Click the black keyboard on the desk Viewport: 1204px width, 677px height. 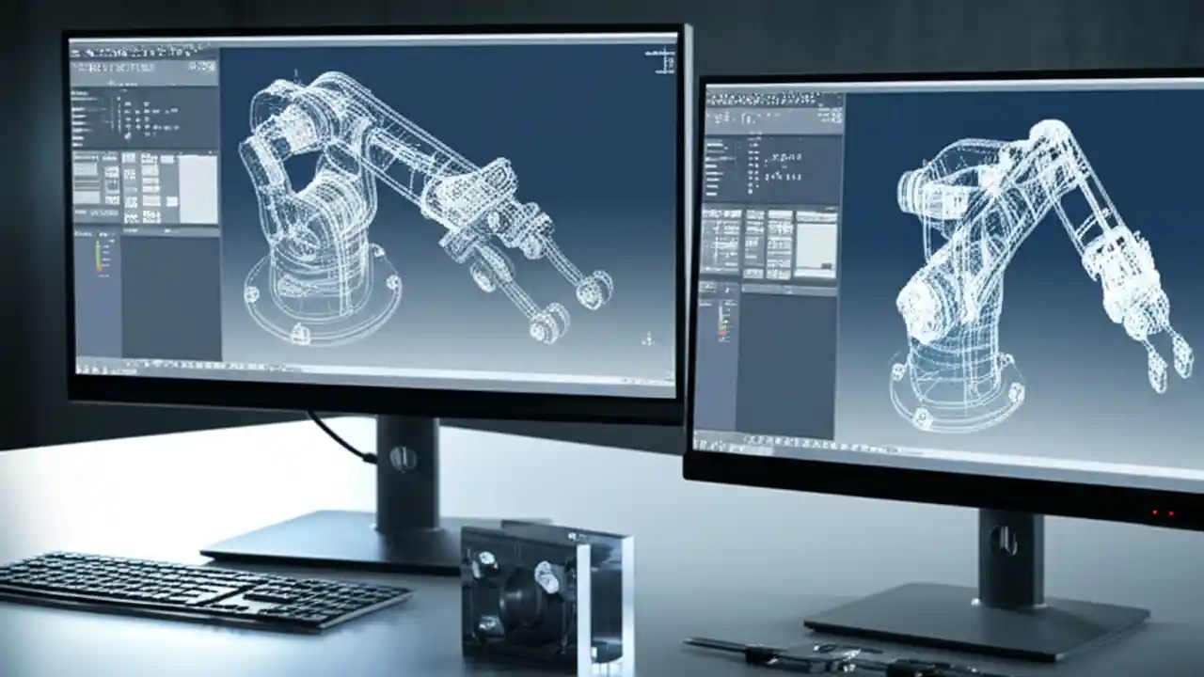pos(202,588)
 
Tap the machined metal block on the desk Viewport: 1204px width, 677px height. pos(546,592)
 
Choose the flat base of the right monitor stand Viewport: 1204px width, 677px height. pos(978,625)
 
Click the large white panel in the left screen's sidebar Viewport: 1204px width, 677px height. pos(198,188)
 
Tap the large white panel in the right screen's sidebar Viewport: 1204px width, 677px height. pos(816,244)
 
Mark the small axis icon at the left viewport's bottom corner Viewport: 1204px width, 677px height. pos(647,338)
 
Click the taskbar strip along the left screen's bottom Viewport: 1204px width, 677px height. pos(376,371)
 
